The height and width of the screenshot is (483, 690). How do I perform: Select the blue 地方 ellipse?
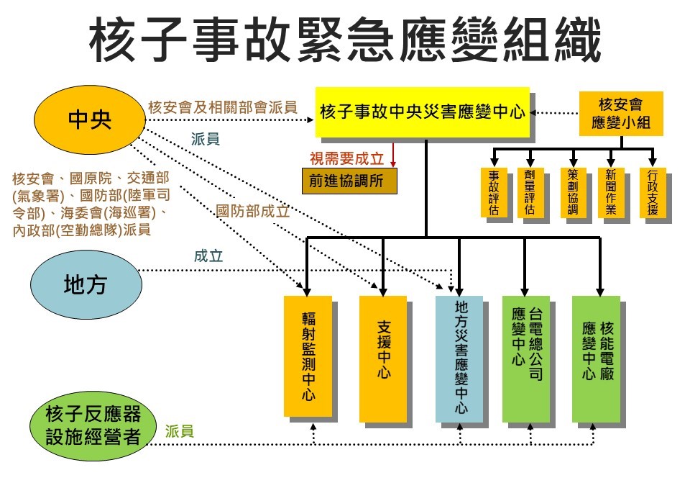point(85,285)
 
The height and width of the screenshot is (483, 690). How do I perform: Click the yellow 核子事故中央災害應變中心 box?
point(422,112)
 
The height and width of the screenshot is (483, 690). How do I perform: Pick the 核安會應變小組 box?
point(621,113)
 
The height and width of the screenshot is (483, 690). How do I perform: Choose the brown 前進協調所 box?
point(349,181)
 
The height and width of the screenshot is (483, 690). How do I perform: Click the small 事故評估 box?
point(493,192)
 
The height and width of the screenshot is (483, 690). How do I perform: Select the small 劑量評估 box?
point(530,192)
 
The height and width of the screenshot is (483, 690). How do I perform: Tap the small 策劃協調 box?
point(573,192)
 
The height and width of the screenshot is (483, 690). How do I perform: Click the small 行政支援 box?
point(652,192)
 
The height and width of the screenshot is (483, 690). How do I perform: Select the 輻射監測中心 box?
point(308,356)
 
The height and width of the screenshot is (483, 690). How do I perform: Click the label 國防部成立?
point(253,212)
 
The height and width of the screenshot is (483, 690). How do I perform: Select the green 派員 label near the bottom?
point(179,432)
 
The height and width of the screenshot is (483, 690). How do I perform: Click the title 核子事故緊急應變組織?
point(345,42)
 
